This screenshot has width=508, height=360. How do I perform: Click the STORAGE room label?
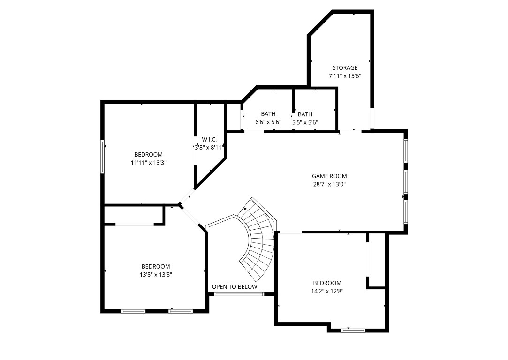coord(345,68)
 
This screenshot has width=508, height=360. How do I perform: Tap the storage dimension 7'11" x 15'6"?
coord(345,76)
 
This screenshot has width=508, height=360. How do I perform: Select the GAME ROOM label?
coord(329,176)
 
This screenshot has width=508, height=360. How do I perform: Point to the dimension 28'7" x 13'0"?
coord(329,184)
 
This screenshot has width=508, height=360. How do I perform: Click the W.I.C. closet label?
coord(209,139)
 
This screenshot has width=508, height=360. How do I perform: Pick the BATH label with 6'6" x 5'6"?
coord(268,114)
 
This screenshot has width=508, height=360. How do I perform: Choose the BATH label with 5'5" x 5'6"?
coord(305,114)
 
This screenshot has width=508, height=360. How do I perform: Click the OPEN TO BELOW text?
coord(235,287)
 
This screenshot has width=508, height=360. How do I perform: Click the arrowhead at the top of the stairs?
coord(245,209)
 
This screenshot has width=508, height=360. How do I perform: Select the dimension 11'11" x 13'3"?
coord(149,163)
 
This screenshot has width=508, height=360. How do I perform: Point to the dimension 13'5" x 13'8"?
coord(156,275)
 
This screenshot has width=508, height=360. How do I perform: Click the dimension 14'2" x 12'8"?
coord(327,291)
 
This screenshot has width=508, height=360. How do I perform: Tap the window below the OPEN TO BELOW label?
coord(239,294)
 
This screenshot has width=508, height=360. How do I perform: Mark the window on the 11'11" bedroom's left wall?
coord(102,157)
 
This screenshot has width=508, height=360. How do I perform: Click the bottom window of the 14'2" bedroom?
coord(353,330)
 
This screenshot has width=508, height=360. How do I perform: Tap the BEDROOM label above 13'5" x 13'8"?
coord(156,267)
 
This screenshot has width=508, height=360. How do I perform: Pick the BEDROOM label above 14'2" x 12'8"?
coord(327,283)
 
